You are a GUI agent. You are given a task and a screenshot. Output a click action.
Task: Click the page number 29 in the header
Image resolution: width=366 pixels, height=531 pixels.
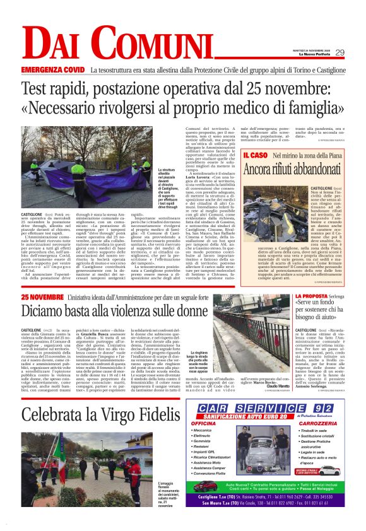pos(339,52)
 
